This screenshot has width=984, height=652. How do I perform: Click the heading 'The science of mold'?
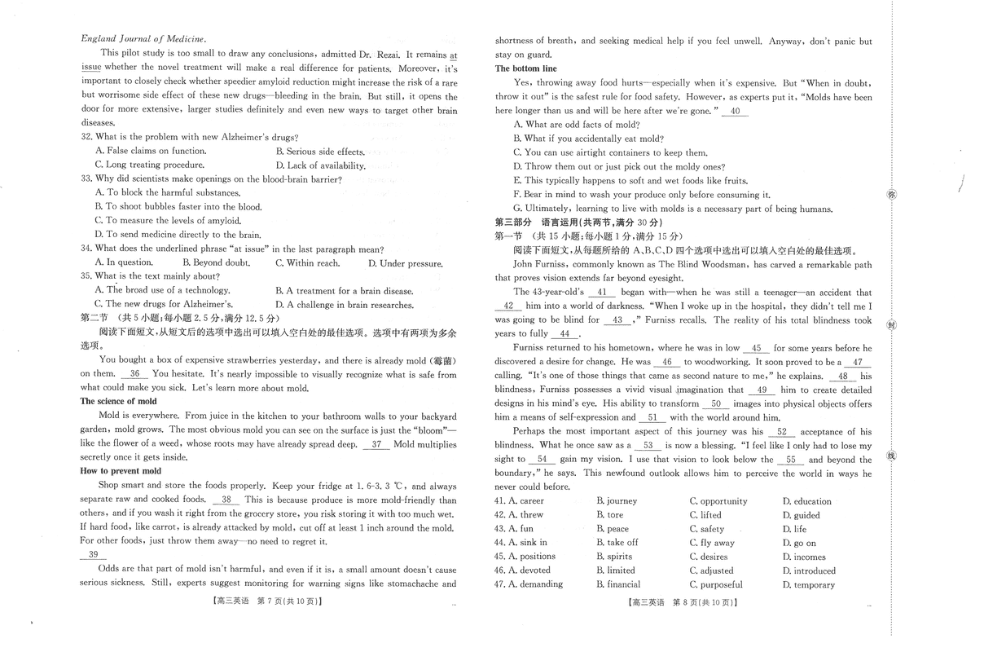pos(118,402)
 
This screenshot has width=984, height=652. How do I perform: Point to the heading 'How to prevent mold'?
pos(121,471)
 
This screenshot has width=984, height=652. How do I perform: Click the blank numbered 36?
pos(135,374)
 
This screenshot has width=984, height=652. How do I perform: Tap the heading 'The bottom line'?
pos(526,68)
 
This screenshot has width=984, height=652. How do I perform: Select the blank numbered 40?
pos(736,112)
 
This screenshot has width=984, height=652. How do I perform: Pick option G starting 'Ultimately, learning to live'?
pos(673,209)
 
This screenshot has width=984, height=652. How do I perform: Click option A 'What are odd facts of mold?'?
pos(577,125)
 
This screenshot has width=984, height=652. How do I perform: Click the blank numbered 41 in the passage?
pos(602,292)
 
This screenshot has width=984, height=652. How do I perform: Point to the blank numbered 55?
pos(790,460)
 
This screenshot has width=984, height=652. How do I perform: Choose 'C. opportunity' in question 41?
pos(718,501)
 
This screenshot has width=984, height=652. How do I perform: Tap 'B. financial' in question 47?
pos(618,584)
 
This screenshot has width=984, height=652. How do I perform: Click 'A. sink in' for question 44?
pos(527,543)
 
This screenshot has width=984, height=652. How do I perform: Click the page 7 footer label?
pos(267,602)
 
